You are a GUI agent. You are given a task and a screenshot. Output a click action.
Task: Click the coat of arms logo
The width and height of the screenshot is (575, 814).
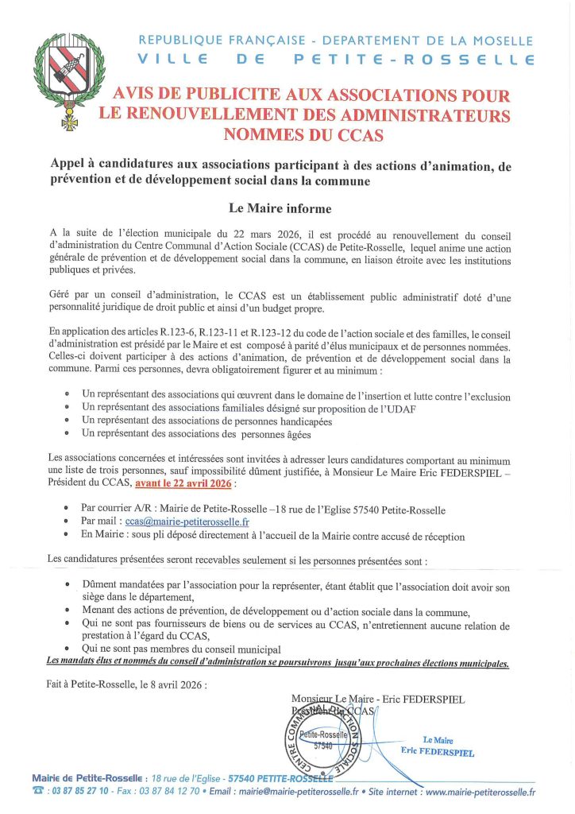point(70,79)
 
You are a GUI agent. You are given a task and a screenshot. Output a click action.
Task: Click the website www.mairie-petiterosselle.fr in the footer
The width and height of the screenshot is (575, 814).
point(480,793)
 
